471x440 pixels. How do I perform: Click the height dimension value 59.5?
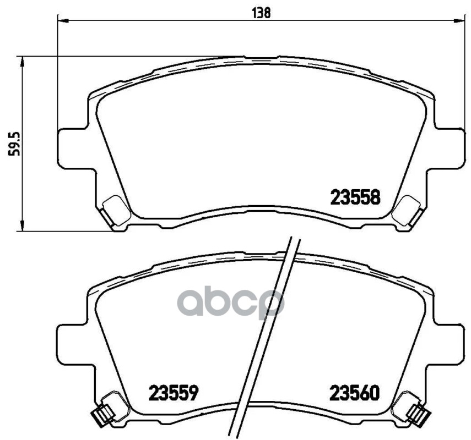coord(14,144)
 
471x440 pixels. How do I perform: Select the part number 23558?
coord(356,197)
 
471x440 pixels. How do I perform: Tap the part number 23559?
coord(174,393)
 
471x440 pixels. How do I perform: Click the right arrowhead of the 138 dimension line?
coord(461,21)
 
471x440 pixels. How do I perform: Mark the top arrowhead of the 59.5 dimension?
coord(21,62)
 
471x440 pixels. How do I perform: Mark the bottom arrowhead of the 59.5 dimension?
coord(21,225)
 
